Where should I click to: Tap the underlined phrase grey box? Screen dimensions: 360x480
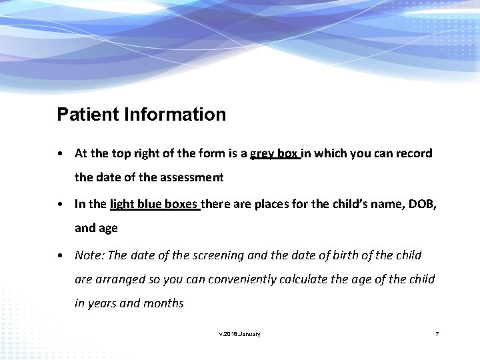(274, 154)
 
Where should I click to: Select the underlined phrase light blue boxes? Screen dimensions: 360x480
(155, 204)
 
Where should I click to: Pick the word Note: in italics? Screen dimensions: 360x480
(89, 255)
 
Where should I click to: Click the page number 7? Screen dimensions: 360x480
(437, 333)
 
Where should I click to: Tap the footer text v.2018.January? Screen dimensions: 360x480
(240, 333)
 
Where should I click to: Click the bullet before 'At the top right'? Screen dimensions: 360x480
(61, 154)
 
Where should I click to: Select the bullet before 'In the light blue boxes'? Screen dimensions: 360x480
(61, 204)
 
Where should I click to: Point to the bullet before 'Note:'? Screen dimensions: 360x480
(61, 255)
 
